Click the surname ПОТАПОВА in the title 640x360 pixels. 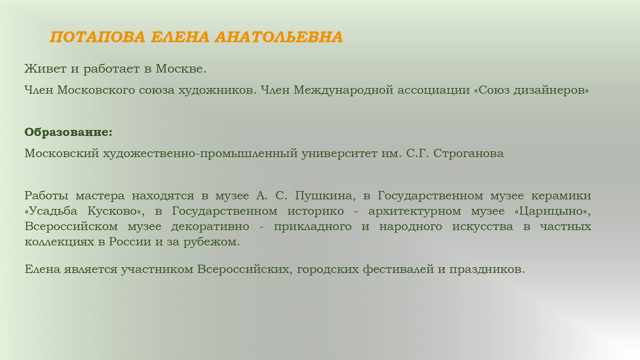pos(98,37)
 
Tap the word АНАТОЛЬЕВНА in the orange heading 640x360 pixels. pos(279,37)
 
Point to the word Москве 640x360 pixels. pos(181,68)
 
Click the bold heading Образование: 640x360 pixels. pos(68,132)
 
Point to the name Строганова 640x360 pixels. pos(469,154)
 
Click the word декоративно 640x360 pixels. pos(210,227)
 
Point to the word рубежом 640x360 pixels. pos(212,242)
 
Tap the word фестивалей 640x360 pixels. pos(398,269)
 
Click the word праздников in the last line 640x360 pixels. pos(487,269)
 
